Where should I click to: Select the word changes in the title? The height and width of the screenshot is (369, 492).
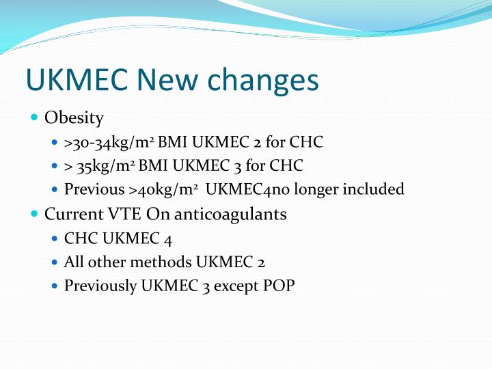point(262,80)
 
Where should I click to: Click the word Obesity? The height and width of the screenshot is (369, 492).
point(74,118)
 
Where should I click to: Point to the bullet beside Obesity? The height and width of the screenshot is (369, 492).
point(35,118)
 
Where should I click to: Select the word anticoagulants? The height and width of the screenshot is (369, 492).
point(231,214)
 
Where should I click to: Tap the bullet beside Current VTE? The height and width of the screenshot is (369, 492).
point(35,214)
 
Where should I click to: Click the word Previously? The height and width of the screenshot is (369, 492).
point(100,286)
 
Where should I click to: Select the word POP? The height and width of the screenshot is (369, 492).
point(279,286)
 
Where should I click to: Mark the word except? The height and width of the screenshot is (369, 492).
point(236,286)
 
